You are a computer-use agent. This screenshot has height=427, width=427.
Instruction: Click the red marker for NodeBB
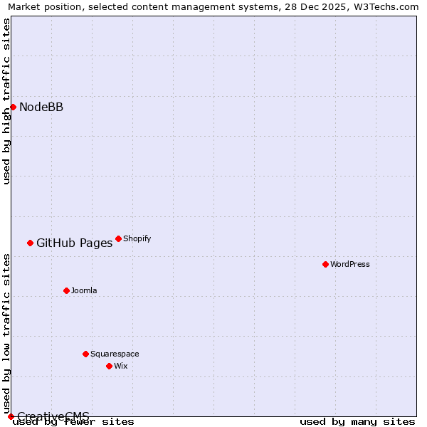[x=13, y=107]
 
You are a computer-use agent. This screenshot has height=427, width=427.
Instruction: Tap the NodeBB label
[x=41, y=107]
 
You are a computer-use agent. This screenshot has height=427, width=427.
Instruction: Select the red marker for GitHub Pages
[x=30, y=243]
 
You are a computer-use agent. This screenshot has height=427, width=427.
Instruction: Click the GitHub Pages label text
[x=74, y=243]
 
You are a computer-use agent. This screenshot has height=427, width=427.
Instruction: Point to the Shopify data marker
[x=118, y=238]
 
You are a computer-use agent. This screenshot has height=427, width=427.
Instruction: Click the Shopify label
[x=137, y=239]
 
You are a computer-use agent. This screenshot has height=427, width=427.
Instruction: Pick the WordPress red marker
[x=325, y=264]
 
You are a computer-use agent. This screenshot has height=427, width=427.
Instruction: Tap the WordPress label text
[x=349, y=265]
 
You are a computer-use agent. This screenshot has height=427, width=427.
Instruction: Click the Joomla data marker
[x=66, y=290]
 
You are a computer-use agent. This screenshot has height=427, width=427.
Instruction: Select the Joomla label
[x=84, y=291]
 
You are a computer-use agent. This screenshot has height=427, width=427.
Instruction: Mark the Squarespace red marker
[x=85, y=354]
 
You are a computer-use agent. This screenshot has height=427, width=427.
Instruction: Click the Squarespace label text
[x=115, y=354]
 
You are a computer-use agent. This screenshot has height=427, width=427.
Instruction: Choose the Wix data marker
[x=109, y=366]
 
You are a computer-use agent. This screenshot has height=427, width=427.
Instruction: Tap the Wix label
[x=120, y=367]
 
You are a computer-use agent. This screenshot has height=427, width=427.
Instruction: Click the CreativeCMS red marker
[x=11, y=416]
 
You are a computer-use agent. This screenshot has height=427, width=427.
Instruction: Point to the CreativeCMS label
[x=53, y=416]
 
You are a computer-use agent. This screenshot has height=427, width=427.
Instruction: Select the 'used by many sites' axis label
[x=357, y=422]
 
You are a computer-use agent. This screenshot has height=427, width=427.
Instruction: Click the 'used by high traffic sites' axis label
[x=7, y=101]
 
